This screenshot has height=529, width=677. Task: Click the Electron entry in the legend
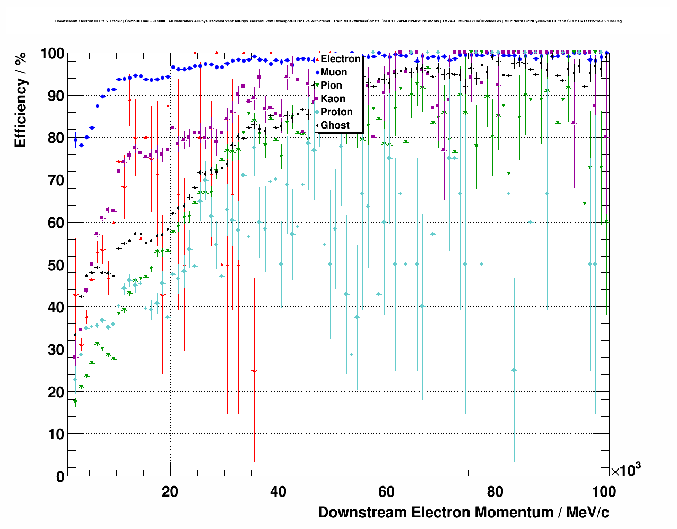pos(340,59)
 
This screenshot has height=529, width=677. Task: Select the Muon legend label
pos(334,72)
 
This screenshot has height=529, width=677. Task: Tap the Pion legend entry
pos(331,86)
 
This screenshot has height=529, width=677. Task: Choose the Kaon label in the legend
pos(333,99)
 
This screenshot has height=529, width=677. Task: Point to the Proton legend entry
pos(336,112)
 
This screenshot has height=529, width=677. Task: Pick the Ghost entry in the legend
pos(335,125)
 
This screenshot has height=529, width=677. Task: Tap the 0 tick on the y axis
pos(59,476)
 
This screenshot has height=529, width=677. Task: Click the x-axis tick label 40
pos(279,492)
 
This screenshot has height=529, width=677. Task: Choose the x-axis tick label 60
pos(387,492)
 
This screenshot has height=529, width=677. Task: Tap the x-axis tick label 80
pos(495,492)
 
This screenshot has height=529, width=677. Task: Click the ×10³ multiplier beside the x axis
pos(626,470)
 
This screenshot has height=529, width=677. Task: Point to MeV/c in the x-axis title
pos(587,513)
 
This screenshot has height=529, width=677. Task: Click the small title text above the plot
pos(338,21)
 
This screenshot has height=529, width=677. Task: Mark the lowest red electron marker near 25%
pos(254,370)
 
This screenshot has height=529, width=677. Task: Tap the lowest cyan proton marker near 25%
pos(514,370)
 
